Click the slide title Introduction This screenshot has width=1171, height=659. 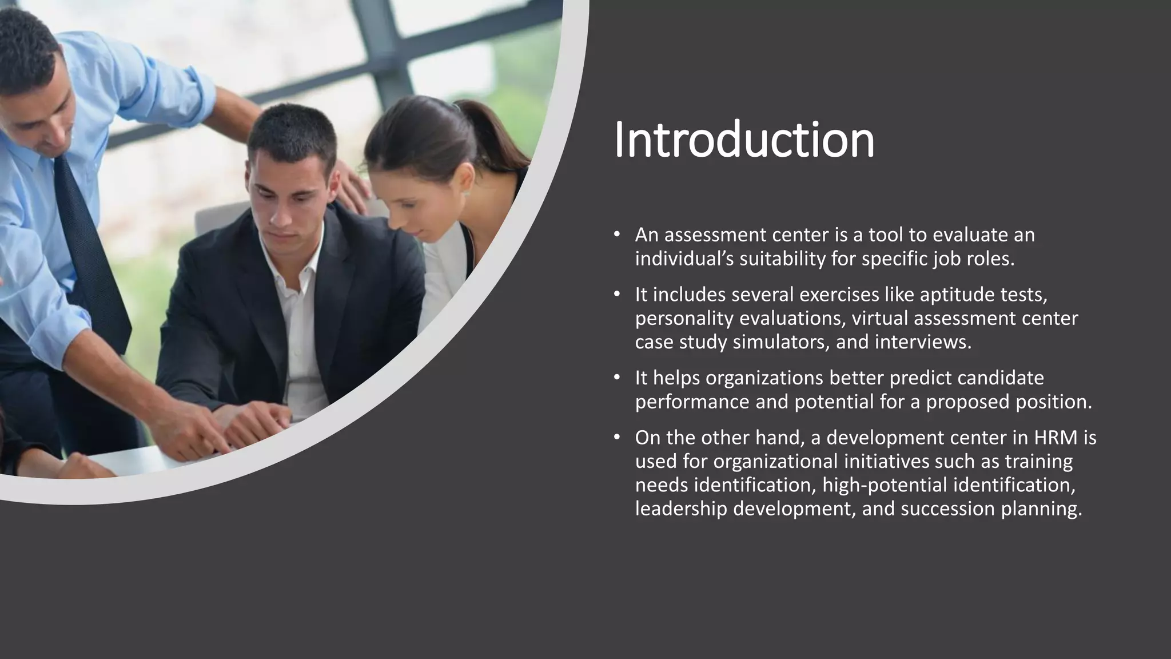point(744,140)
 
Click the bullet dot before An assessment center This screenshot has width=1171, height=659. point(616,235)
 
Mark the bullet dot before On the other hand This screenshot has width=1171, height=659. point(616,438)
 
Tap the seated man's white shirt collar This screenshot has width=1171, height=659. point(286,257)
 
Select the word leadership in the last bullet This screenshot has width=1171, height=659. point(681,509)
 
